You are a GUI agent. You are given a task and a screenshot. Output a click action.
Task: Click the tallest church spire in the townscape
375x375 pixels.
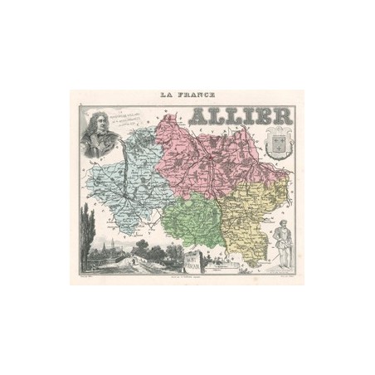107,241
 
